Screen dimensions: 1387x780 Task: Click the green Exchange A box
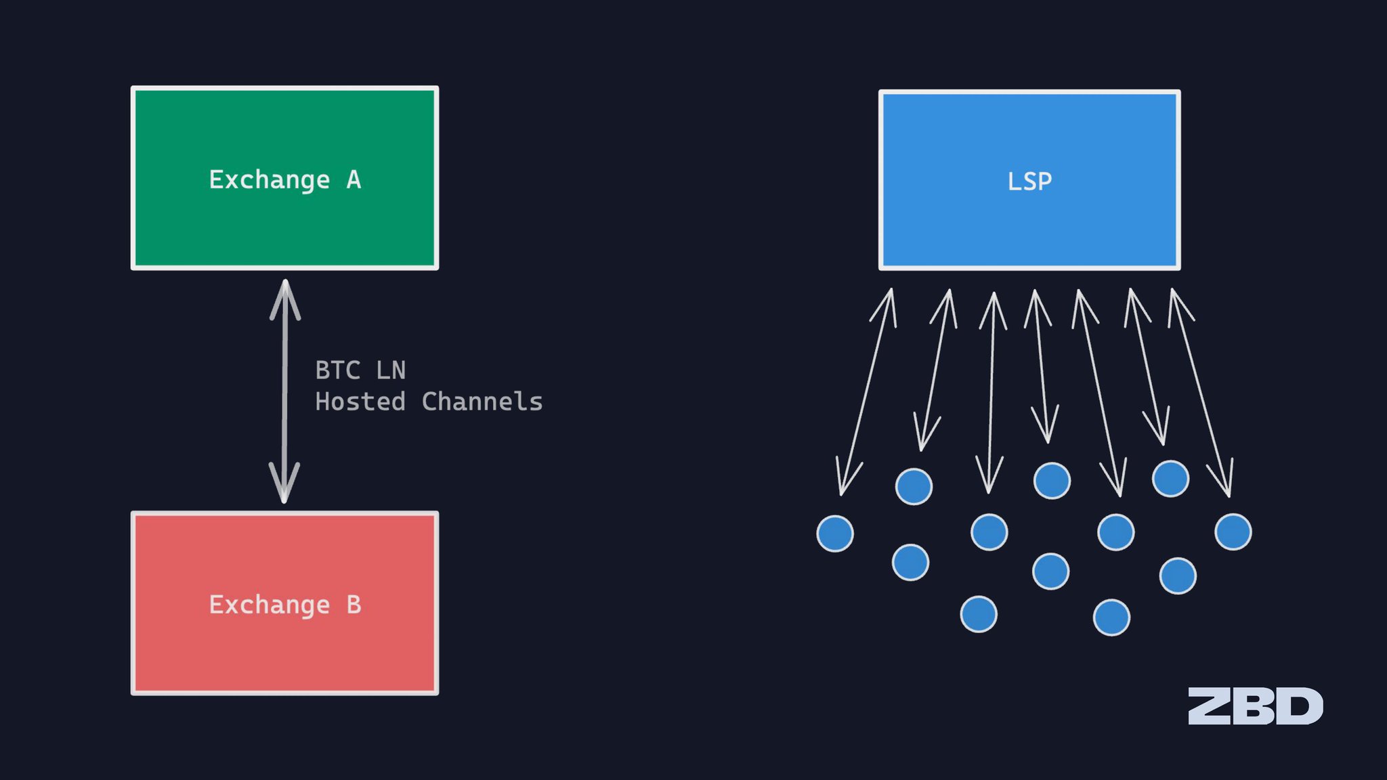point(284,178)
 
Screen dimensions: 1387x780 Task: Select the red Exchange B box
point(284,603)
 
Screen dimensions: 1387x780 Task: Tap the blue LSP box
point(1029,180)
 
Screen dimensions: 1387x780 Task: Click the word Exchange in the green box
point(270,181)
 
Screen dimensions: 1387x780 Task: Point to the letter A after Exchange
point(354,179)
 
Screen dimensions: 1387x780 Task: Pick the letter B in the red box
point(354,605)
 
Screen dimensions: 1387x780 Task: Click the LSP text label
point(1029,181)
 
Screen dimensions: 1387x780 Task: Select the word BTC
point(338,370)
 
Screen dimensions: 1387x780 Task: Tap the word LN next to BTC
point(391,370)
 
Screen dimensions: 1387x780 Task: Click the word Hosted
point(360,402)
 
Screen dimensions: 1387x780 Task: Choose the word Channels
point(482,402)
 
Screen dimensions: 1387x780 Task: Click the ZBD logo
point(1256,706)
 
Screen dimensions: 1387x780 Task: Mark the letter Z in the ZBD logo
point(1210,706)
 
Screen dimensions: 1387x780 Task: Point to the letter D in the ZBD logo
point(1301,706)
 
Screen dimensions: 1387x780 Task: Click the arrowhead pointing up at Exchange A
point(285,298)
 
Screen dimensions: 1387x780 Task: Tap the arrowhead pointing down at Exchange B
point(284,483)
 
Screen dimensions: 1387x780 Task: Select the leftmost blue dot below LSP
point(835,534)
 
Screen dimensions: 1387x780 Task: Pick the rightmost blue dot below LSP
point(1233,532)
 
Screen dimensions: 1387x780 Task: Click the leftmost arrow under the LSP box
point(866,392)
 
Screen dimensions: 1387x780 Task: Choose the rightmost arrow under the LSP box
point(1201,393)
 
